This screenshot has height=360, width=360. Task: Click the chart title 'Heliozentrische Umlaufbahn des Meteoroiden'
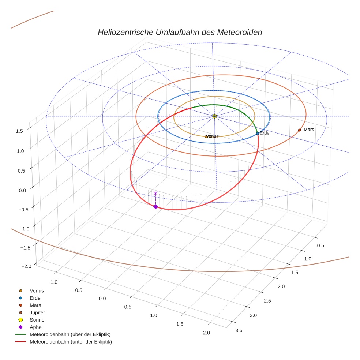[180, 32]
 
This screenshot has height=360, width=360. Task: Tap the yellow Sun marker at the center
[214, 116]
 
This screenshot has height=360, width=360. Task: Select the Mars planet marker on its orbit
[299, 130]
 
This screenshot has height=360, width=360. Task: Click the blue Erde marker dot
[258, 134]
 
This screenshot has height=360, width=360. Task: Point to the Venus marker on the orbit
[206, 136]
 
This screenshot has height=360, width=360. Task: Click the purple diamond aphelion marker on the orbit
[155, 207]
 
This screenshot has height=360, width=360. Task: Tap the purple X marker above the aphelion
[155, 193]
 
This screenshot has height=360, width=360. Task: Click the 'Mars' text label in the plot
[309, 130]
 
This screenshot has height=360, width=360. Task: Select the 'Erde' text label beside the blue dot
[265, 133]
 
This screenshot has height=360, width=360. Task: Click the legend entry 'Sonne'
[37, 320]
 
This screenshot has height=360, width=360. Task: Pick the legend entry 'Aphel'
[36, 327]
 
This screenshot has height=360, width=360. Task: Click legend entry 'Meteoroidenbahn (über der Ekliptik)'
[70, 335]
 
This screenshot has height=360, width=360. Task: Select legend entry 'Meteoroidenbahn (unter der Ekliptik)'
[71, 342]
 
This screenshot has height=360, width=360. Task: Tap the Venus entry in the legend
[37, 291]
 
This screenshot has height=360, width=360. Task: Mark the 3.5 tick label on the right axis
[239, 330]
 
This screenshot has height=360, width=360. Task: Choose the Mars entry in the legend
[35, 305]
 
